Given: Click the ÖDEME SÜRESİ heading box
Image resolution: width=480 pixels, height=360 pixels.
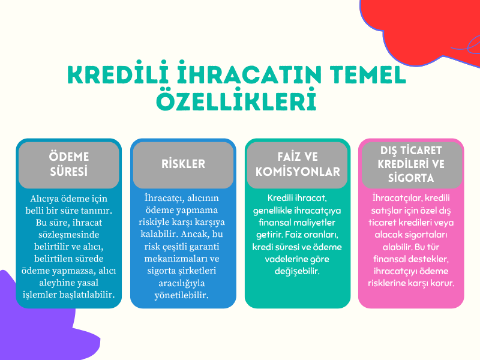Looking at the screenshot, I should [68, 164].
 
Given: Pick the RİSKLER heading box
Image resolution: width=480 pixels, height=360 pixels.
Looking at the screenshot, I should [183, 164].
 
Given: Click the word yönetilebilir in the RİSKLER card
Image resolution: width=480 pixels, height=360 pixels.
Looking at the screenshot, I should [183, 295].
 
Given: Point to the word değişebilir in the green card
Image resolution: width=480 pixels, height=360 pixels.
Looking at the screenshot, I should [297, 271].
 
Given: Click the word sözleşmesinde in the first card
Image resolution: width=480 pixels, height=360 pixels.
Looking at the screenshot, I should [68, 234].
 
